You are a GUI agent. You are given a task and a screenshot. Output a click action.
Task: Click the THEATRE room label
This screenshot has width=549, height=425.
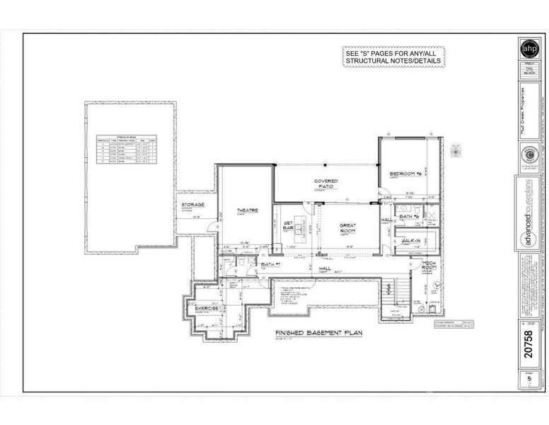click(x=247, y=210)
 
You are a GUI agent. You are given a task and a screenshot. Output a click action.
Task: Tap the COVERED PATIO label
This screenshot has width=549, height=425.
click(x=325, y=183)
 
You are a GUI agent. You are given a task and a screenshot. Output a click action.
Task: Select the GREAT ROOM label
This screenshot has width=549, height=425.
click(x=347, y=227)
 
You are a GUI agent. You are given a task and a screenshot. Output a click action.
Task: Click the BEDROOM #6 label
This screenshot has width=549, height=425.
click(x=405, y=174)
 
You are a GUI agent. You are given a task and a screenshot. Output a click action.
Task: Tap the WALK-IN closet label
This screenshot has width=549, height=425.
click(x=412, y=241)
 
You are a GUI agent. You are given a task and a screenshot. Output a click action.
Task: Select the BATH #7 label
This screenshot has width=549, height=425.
click(x=270, y=264)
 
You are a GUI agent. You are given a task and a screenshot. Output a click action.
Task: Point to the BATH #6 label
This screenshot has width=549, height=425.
click(x=410, y=216)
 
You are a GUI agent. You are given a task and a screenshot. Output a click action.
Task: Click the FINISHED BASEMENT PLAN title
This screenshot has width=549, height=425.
click(x=318, y=332)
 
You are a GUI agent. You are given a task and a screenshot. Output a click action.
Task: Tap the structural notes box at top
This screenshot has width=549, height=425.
click(x=393, y=57)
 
